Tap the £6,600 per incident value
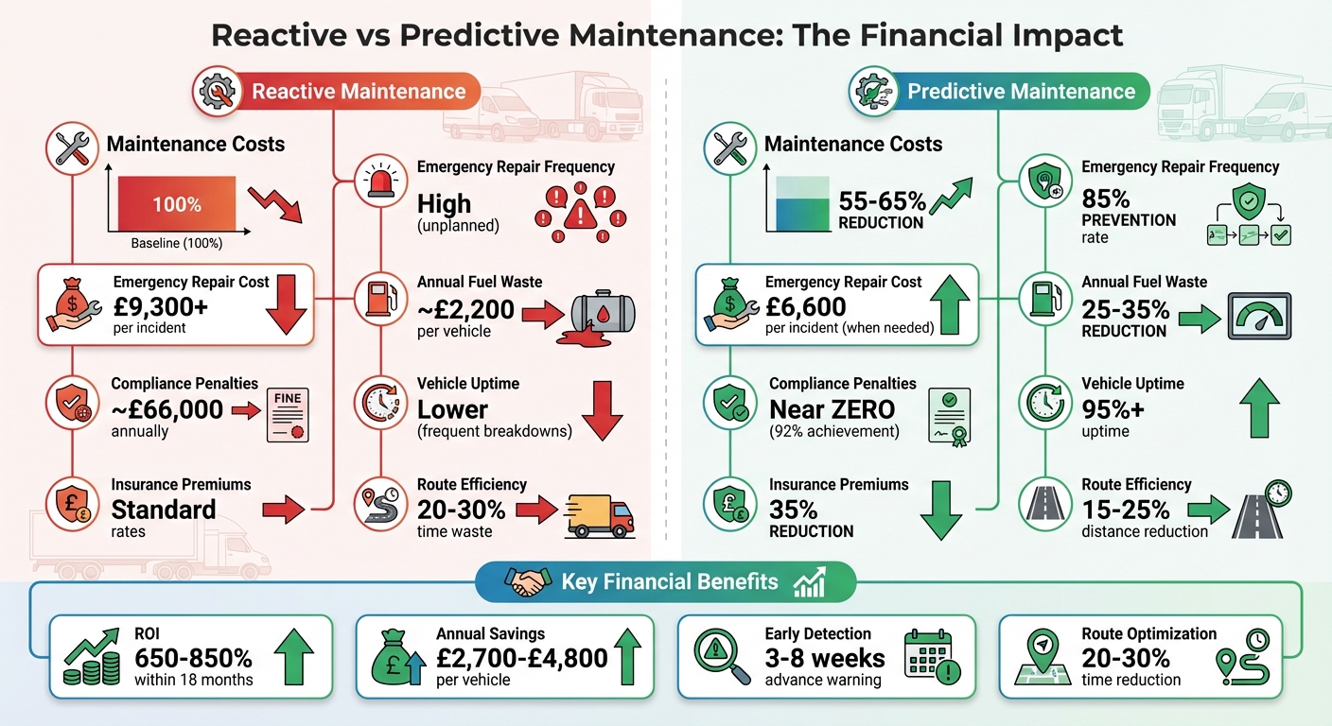pos(805,306)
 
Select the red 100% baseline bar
pos(177,204)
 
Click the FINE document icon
pos(288,415)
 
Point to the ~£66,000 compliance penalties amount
pos(166,408)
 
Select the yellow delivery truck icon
pos(598,515)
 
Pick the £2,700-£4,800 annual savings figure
pos(521,658)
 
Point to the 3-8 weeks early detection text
pos(825,658)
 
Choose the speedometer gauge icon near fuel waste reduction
pos(1258,316)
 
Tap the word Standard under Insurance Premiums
pos(164,510)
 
